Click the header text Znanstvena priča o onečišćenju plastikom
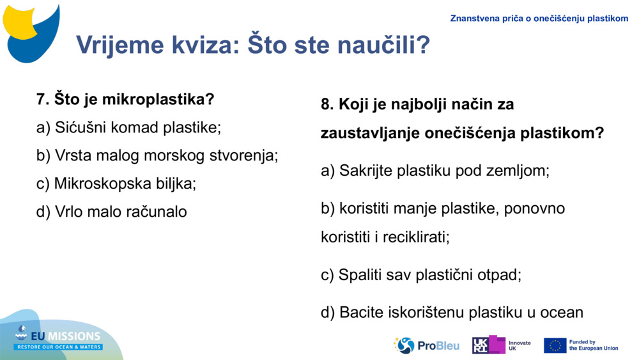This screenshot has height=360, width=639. [539, 19]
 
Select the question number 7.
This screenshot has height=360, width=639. [42, 100]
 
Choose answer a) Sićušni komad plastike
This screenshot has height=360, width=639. [128, 127]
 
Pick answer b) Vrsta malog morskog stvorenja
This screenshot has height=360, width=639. [157, 155]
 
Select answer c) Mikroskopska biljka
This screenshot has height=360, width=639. [116, 184]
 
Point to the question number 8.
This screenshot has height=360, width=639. [327, 104]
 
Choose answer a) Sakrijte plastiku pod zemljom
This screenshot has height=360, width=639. [435, 171]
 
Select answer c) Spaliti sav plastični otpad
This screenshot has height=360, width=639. [421, 275]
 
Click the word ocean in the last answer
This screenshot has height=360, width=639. [562, 313]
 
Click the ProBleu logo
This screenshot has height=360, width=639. [426, 345]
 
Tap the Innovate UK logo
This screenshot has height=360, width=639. [501, 345]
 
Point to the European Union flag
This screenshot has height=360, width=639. [555, 345]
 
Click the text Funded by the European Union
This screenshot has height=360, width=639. [593, 345]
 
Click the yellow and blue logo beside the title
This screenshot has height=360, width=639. [32, 32]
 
